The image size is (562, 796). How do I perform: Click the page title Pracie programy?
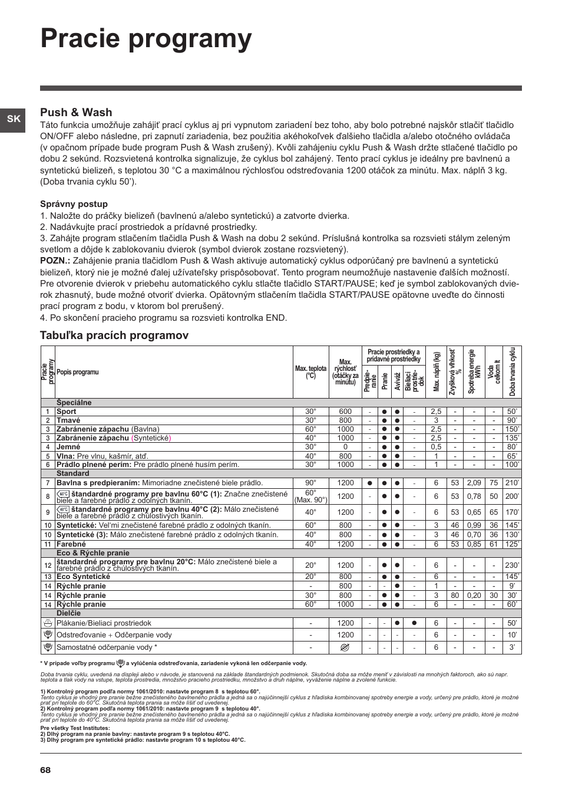[x=146, y=39]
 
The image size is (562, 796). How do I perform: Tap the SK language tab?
[x=13, y=119]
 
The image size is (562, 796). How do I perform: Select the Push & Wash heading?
[x=76, y=112]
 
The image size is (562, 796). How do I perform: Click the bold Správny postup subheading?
[x=74, y=204]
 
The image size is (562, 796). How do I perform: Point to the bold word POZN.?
[x=55, y=261]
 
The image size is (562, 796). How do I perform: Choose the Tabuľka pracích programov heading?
[x=114, y=335]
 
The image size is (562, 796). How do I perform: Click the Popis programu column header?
[x=77, y=372]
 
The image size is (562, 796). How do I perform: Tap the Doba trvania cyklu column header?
[x=513, y=371]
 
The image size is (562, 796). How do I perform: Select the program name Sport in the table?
[x=67, y=412]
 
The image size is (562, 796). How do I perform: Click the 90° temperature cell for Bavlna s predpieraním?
[x=310, y=482]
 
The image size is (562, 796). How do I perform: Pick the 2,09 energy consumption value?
[x=474, y=482]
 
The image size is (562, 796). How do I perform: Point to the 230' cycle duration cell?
[x=512, y=565]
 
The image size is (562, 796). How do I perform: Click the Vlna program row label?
[x=65, y=456]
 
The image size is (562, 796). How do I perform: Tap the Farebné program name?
[x=71, y=544]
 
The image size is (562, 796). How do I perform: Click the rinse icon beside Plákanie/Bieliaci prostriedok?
[x=48, y=623]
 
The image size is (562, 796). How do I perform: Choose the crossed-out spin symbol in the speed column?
[x=345, y=647]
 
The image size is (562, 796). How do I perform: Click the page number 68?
[x=45, y=770]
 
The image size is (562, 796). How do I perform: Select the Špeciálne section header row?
[x=74, y=403]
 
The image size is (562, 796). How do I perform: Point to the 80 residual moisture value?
[x=455, y=596]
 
